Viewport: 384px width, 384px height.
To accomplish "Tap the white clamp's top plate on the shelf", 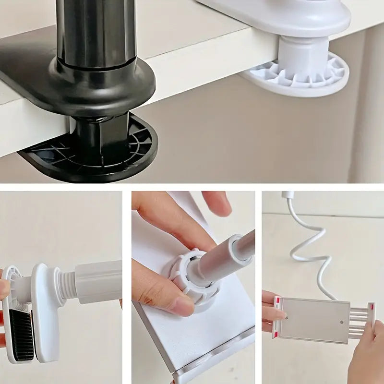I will click(x=288, y=17).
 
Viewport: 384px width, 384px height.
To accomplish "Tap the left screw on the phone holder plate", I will click(x=287, y=317).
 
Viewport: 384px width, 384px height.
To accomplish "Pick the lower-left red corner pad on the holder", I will click(x=276, y=335).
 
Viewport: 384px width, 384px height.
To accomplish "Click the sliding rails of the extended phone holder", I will click(x=359, y=322).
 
